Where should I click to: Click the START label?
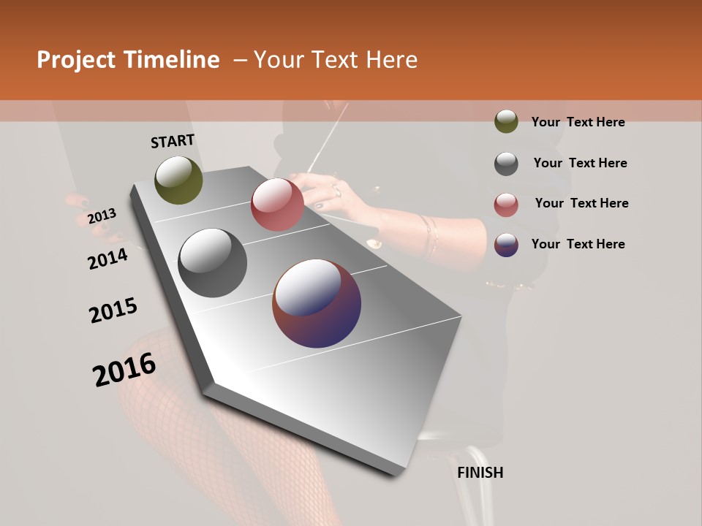[x=173, y=141]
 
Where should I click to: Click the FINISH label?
[x=480, y=473]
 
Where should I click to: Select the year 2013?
[x=102, y=216]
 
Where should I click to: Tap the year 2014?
[x=107, y=259]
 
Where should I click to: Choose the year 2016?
[x=124, y=369]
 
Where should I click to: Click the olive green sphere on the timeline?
[x=178, y=180]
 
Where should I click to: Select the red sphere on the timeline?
[x=277, y=205]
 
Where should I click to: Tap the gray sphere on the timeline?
[x=212, y=263]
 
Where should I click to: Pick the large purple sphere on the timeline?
[x=317, y=303]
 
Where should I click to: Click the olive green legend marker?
[x=506, y=121]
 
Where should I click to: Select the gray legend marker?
[x=506, y=164]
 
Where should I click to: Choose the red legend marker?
[x=506, y=205]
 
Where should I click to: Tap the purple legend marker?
[x=506, y=245]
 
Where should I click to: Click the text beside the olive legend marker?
[x=578, y=122]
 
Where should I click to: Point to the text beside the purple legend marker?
[x=578, y=244]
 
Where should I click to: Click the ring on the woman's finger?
[x=336, y=191]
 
